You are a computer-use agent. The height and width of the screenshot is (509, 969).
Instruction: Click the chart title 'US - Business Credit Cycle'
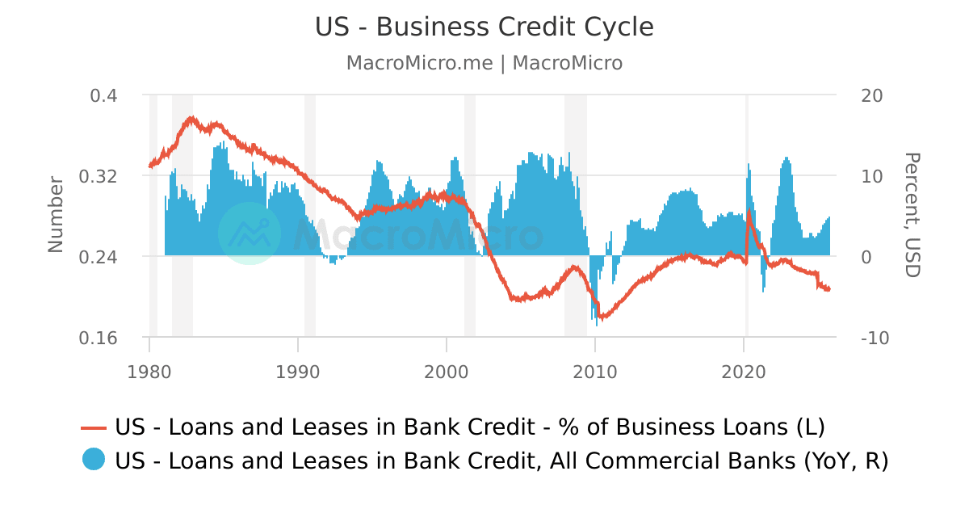click(x=484, y=27)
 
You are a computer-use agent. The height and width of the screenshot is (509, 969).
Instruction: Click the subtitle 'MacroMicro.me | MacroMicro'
click(x=484, y=63)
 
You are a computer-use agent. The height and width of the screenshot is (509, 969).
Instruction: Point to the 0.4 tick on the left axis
click(x=103, y=95)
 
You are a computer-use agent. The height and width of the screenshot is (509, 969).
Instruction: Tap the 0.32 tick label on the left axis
click(x=98, y=176)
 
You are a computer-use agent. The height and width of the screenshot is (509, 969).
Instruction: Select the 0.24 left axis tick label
click(x=98, y=257)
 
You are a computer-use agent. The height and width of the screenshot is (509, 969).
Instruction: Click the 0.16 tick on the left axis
click(x=98, y=338)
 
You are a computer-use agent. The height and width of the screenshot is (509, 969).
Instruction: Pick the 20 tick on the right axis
click(x=872, y=95)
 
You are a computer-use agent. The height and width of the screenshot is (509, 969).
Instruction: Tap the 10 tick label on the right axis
click(x=872, y=176)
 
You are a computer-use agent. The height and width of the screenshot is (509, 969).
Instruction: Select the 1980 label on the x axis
click(x=149, y=372)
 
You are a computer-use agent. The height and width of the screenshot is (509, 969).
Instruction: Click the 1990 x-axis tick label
click(x=298, y=372)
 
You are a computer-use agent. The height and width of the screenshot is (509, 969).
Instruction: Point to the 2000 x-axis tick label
click(x=447, y=372)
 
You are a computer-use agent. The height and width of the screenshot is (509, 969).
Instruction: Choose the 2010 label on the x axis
click(x=595, y=372)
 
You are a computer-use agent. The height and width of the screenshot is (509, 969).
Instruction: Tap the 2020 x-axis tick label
click(x=744, y=372)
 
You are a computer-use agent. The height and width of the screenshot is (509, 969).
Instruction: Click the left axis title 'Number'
click(x=56, y=214)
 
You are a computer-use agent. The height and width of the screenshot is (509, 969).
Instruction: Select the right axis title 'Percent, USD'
click(x=912, y=215)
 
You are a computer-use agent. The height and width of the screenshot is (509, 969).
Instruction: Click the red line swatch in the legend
click(x=94, y=427)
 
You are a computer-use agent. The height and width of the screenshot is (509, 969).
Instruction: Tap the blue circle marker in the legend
click(x=94, y=460)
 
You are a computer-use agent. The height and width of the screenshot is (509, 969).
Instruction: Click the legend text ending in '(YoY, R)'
click(x=501, y=461)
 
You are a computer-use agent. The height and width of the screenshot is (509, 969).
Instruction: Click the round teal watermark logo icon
click(x=250, y=233)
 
